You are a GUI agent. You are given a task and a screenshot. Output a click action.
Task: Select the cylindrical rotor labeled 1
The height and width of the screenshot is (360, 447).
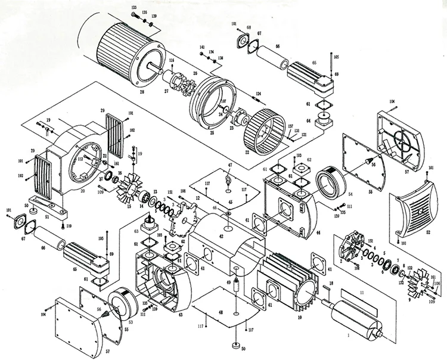[357, 319]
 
